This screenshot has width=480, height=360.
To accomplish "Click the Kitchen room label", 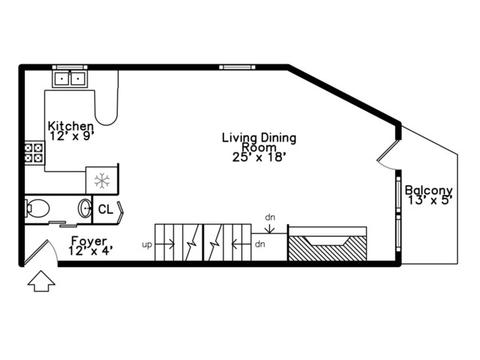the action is pos(71,126).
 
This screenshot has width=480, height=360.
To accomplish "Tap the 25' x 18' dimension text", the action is pos(259,157).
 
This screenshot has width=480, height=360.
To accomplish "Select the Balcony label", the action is pos(429,191).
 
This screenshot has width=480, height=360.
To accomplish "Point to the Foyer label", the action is pos(89,241).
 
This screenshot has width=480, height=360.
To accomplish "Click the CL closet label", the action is pos(105,209).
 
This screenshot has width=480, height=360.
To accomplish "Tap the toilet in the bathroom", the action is pos(37,208).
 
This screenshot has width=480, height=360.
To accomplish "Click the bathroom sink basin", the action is pos(85,208).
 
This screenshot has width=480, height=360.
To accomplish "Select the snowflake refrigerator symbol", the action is pos(102,181).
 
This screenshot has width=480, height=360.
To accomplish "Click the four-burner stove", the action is pos(34,153).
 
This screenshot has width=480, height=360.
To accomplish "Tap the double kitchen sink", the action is pos(70,79).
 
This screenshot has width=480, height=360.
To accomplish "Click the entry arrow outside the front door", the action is pos(41,281).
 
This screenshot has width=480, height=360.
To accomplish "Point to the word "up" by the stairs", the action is pos(147,245).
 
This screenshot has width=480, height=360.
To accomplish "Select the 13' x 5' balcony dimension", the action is pos(430,200).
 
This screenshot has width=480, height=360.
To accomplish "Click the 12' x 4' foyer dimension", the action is pos(91,251).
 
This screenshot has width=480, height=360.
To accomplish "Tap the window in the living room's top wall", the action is pos(237,67).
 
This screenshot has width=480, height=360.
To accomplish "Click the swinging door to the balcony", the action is pos(387,155).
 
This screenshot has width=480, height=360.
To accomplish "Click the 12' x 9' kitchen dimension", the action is pos(72,136).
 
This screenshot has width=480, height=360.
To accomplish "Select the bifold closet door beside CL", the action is pos(120,212).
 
